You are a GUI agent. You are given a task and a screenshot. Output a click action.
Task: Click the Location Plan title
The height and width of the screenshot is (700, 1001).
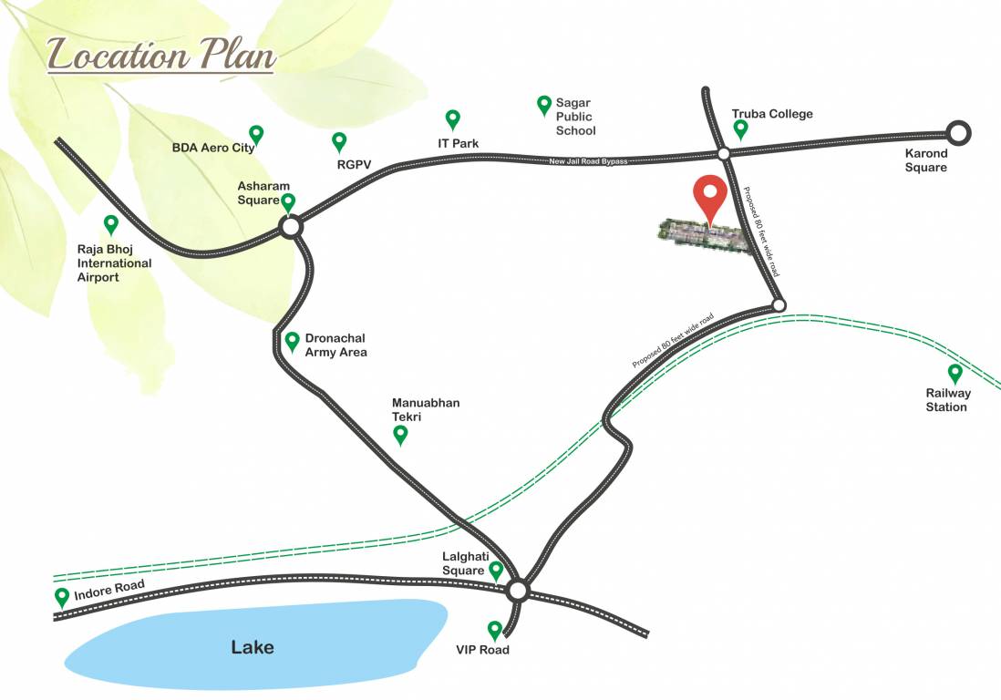[x=160, y=55]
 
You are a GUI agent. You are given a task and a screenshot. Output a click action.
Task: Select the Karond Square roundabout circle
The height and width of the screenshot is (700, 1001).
[x=957, y=133]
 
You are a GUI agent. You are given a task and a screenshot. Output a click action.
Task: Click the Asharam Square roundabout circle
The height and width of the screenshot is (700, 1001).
[x=291, y=226]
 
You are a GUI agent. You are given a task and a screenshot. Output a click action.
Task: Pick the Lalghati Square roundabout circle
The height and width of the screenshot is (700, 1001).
[x=518, y=591]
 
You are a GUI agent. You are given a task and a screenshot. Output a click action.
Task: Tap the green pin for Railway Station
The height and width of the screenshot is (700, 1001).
[x=955, y=373]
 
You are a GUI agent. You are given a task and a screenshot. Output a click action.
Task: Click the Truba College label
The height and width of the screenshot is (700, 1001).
[x=772, y=114]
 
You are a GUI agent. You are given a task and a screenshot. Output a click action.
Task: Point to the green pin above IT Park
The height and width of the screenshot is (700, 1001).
[x=452, y=118]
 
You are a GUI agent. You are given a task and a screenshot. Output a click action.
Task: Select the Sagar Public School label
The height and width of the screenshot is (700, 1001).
[x=575, y=117]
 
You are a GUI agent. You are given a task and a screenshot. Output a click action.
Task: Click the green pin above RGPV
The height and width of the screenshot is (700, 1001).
[x=339, y=141]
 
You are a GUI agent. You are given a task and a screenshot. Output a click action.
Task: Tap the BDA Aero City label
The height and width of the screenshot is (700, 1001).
[x=213, y=147]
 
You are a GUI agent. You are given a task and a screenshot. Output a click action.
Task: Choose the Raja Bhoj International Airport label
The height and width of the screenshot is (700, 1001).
[x=114, y=263]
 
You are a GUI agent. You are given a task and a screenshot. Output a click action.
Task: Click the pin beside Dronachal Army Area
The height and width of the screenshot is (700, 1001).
[x=292, y=341]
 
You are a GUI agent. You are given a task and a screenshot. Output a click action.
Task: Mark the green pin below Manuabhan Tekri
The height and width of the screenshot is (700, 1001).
[x=399, y=435]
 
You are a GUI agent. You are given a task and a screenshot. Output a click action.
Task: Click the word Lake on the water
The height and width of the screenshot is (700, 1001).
[x=253, y=648]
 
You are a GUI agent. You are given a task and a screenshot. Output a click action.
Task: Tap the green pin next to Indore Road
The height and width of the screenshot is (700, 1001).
[x=62, y=597]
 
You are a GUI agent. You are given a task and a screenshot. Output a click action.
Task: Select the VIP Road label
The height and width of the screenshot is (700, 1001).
[x=482, y=650]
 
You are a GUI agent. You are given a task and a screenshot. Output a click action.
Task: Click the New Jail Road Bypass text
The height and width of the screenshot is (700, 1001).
[x=588, y=161]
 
